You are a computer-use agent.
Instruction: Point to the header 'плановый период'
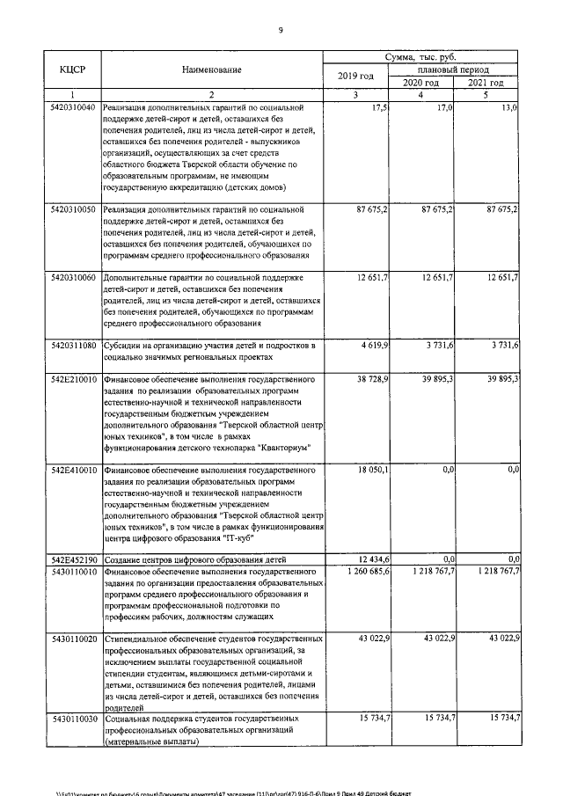pos(454,69)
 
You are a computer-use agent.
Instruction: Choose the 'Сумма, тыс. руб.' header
pos(421,55)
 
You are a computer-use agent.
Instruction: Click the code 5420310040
pos(73,107)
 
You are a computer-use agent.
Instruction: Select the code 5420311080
pos(73,347)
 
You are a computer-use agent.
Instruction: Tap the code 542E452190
pos(73,559)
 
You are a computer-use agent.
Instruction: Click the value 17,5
pos(380,107)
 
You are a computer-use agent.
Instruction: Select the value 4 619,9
pos(373,347)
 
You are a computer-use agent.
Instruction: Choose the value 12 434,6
pos(373,559)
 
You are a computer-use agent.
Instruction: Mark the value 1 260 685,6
pos(365,572)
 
